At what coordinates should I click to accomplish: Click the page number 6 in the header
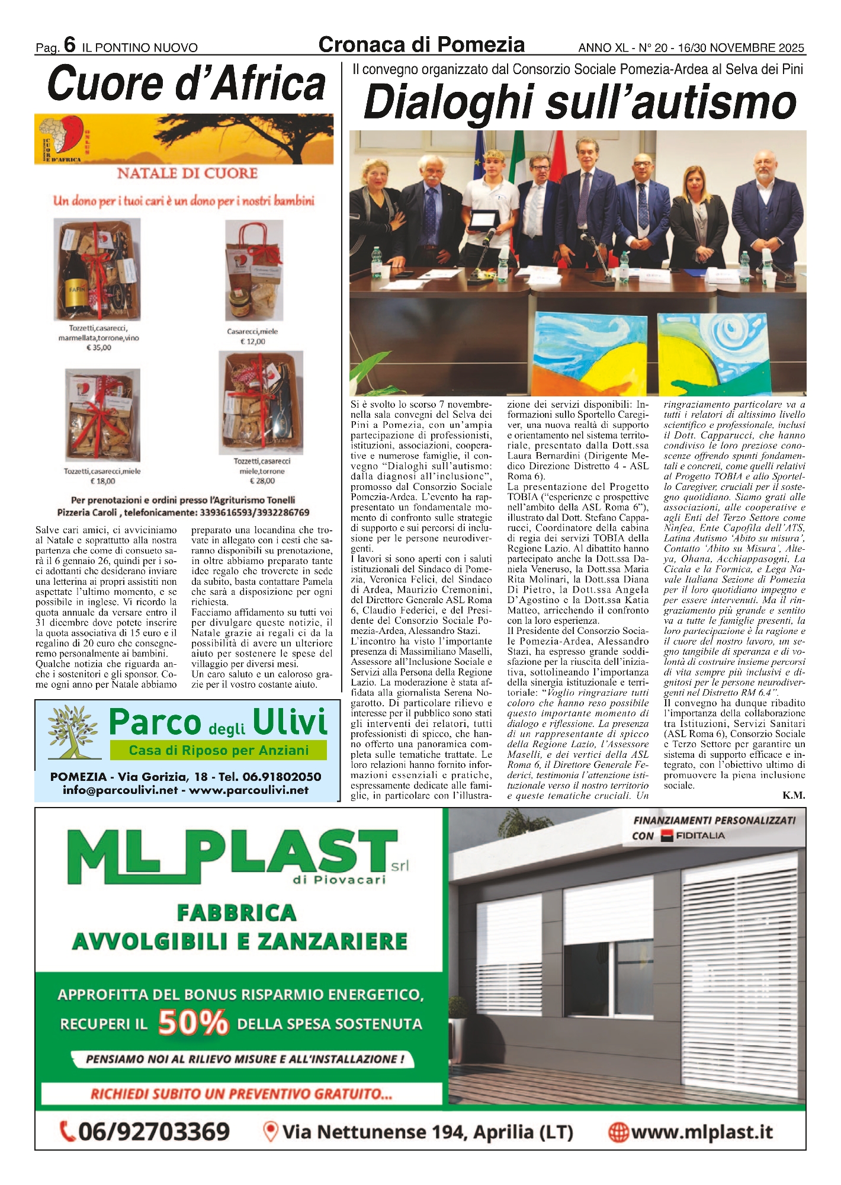70,45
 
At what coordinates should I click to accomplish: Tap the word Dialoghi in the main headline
448,102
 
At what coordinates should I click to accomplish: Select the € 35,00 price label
98,348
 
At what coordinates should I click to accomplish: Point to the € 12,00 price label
252,341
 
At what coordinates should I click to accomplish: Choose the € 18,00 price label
102,481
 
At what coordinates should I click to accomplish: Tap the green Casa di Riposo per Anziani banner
219,750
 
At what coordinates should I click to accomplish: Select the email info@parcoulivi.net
120,790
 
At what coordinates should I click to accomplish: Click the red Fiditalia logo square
667,836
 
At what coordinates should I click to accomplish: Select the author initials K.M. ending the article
793,796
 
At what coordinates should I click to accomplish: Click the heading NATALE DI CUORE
187,174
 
